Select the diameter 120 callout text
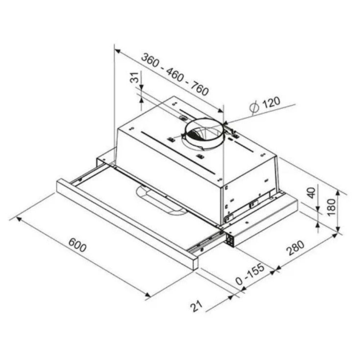pyautogui.click(x=266, y=103)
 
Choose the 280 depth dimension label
pyautogui.click(x=296, y=248)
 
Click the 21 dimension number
pyautogui.click(x=196, y=306)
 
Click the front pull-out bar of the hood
pyautogui.click(x=126, y=223)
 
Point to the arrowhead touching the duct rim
pyautogui.click(x=225, y=123)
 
